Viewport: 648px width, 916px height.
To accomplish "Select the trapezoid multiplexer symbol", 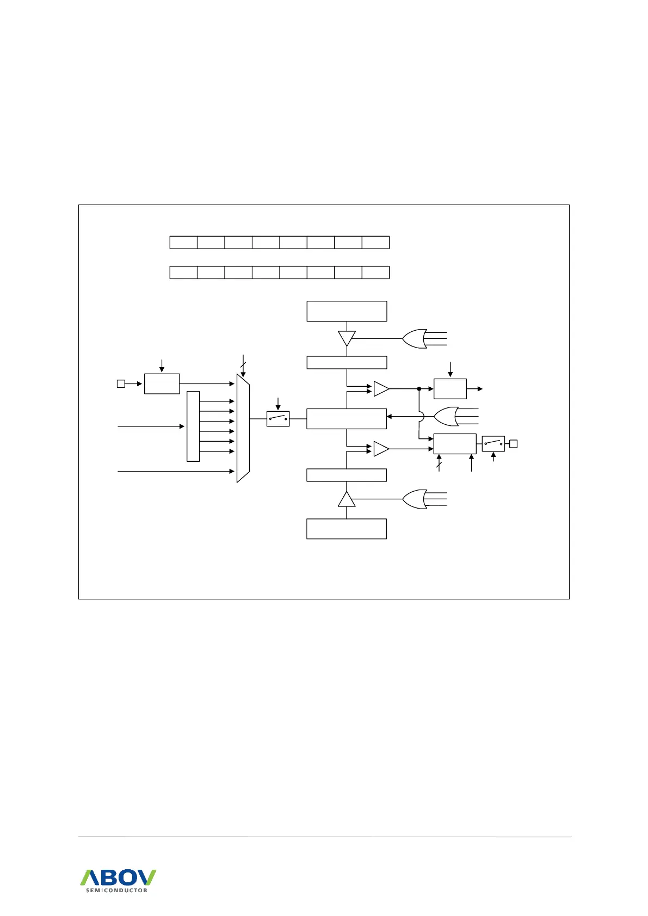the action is tap(243, 428).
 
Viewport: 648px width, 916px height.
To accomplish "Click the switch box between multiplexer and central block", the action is tap(278, 419).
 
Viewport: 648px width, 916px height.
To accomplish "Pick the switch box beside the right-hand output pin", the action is tap(493, 443).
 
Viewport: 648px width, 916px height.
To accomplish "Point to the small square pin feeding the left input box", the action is tap(121, 384).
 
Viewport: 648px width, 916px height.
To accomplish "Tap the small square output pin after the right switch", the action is tap(513, 444).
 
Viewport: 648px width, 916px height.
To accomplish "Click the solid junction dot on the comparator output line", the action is tap(419, 389).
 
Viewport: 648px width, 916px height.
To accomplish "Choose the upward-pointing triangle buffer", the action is tap(347, 499).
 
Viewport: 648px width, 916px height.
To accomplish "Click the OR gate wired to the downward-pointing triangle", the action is tap(415, 338).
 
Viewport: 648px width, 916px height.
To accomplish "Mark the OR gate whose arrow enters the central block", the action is tap(446, 417).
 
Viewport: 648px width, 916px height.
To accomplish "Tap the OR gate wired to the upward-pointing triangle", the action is tap(415, 499).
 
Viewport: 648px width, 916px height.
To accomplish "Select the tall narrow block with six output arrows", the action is tap(193, 426).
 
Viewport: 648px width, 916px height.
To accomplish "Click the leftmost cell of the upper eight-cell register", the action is tap(183, 243).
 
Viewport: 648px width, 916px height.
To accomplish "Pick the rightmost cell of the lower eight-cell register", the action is tap(375, 273).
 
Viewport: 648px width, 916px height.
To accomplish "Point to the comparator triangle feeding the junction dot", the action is tap(381, 389).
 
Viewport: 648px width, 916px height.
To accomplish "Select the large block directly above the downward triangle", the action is tap(347, 311).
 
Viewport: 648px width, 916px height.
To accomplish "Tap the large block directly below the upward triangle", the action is tap(347, 529).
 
